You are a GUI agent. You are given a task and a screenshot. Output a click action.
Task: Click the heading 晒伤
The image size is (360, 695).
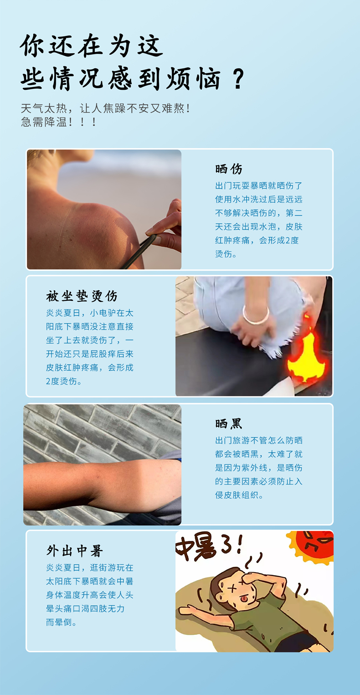point(229,169)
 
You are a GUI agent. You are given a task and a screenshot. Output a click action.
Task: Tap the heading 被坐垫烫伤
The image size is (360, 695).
point(82,296)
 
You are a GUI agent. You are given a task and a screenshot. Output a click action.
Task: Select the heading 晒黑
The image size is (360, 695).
point(229,424)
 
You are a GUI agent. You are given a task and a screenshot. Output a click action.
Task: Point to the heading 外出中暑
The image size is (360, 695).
point(74,551)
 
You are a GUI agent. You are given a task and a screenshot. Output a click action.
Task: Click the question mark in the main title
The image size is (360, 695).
point(238,80)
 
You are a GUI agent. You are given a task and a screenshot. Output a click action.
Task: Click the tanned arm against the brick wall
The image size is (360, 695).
point(103,484)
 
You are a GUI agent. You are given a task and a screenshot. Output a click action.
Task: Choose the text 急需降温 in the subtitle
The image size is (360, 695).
point(44,122)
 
